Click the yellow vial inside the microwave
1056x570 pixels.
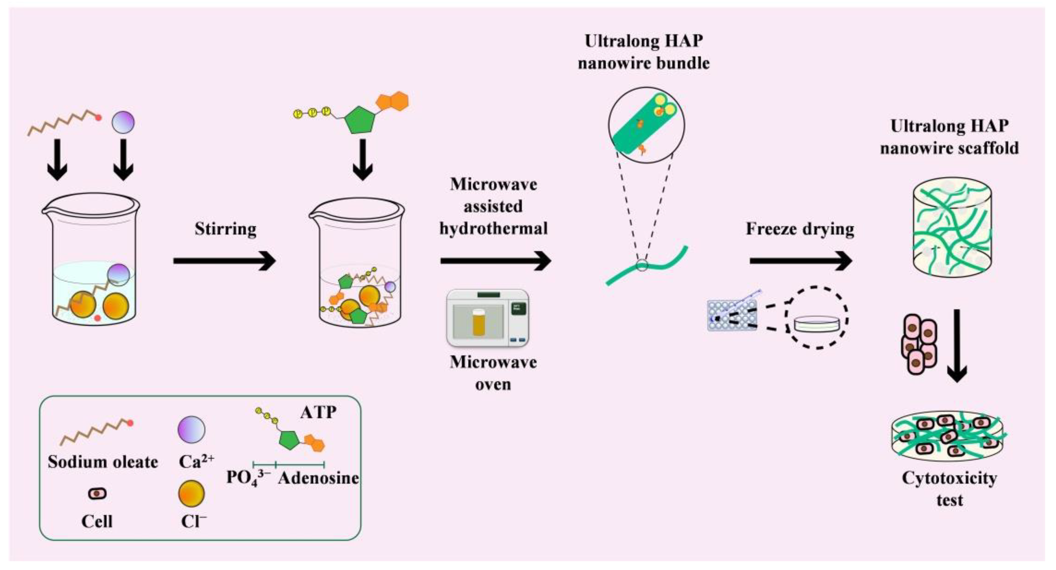coord(478,323)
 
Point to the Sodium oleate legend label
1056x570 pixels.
coord(103,462)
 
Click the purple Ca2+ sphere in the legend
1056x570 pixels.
coord(191,429)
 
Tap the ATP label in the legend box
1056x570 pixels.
coord(318,412)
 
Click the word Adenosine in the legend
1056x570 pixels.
coord(319,478)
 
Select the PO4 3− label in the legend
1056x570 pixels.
coord(248,478)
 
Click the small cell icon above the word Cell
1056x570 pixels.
coord(97,494)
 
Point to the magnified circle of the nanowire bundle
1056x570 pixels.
coord(646,125)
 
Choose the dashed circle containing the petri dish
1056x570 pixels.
coord(817,317)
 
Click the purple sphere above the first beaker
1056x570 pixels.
coord(123,122)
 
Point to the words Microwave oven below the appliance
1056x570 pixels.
coord(493,373)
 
